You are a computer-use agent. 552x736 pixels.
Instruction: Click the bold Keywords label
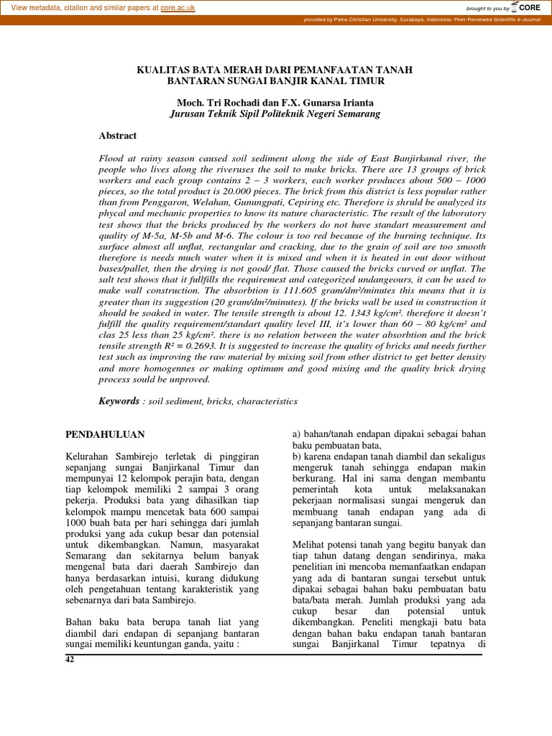point(119,401)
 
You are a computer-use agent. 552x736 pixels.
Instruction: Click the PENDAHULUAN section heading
point(105,434)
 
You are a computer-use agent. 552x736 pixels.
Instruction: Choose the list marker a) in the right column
point(296,434)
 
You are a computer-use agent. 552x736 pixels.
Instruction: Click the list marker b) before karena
point(296,457)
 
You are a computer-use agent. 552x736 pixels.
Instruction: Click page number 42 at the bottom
point(70,659)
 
